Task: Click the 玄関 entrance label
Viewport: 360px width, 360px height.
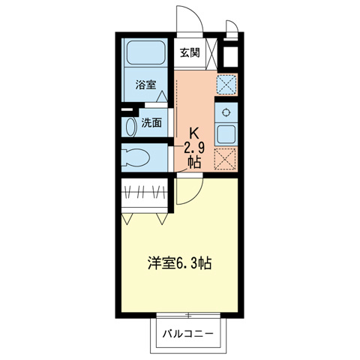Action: point(190,52)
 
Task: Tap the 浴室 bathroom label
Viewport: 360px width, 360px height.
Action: point(145,85)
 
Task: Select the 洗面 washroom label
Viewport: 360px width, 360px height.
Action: point(151,123)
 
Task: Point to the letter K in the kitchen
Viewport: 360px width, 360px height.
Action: point(193,129)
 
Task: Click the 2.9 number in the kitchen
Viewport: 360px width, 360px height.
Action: point(193,145)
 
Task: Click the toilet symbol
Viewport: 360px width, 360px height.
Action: point(137,157)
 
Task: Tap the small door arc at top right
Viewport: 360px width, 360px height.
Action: point(232,30)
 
